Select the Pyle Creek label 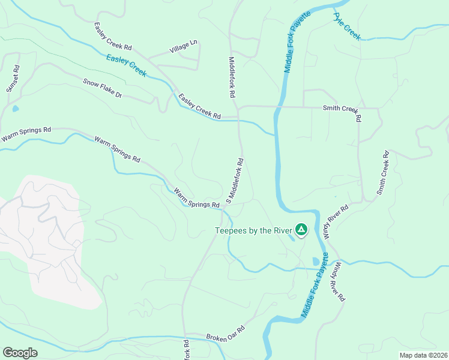pyautogui.click(x=347, y=26)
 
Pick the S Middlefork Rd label pyautogui.click(x=235, y=180)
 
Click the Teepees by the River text pyautogui.click(x=253, y=230)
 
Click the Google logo pyautogui.click(x=20, y=353)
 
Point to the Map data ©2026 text pyautogui.click(x=423, y=355)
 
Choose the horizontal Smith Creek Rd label pyautogui.click(x=340, y=109)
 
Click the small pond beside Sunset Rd pyautogui.click(x=15, y=109)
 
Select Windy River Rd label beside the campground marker pyautogui.click(x=336, y=221)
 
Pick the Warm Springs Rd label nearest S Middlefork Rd pyautogui.click(x=197, y=200)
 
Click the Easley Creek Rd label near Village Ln pyautogui.click(x=112, y=36)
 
